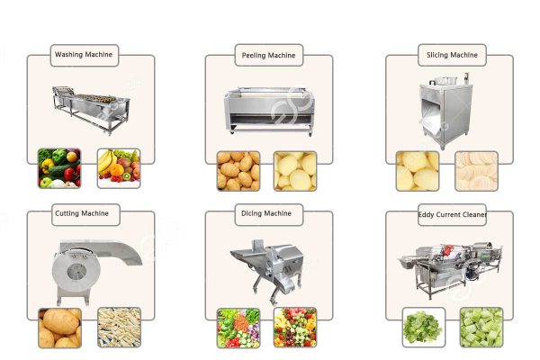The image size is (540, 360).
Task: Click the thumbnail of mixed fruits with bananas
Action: [x=118, y=168]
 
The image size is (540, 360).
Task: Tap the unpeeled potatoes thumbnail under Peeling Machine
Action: [x=238, y=170]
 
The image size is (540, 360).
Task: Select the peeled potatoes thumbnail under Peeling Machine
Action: [x=295, y=170]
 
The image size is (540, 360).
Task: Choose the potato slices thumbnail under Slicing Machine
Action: [x=475, y=170]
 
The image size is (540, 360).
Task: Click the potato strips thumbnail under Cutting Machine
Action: [x=117, y=328]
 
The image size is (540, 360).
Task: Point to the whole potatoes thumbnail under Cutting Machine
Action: [x=59, y=328]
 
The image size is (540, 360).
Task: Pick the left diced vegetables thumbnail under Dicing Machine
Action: [x=238, y=328]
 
